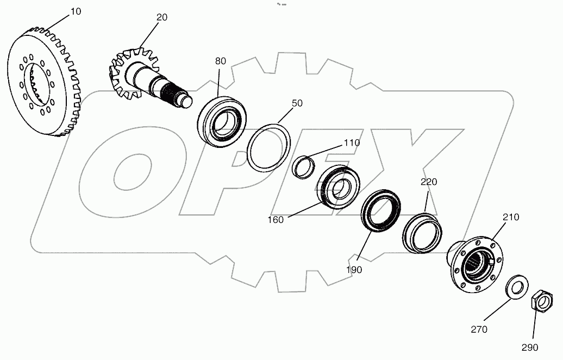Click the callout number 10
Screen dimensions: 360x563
pyautogui.click(x=76, y=11)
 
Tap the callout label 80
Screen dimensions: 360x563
pyautogui.click(x=220, y=61)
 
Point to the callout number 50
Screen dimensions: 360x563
pyautogui.click(x=296, y=103)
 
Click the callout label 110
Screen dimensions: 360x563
pyautogui.click(x=352, y=142)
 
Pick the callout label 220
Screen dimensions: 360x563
pyautogui.click(x=428, y=182)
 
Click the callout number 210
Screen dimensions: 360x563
pyautogui.click(x=510, y=217)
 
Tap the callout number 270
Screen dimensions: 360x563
pyautogui.click(x=479, y=329)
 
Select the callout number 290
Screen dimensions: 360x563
pyautogui.click(x=530, y=347)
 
